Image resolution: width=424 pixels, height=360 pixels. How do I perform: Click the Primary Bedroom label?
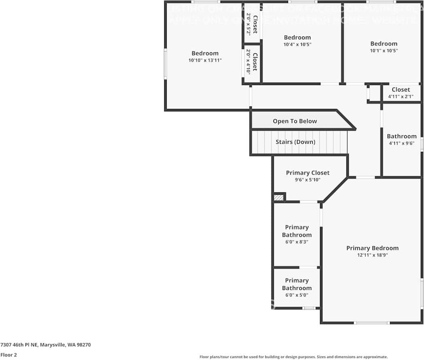click(x=372, y=248)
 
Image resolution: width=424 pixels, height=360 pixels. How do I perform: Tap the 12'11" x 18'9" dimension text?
click(x=372, y=255)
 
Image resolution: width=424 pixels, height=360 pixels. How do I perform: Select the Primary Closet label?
click(x=307, y=173)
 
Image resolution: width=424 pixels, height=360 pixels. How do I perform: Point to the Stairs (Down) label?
click(x=295, y=142)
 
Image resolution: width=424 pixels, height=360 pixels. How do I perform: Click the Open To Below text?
click(x=295, y=121)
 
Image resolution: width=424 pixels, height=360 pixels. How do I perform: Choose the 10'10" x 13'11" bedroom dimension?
click(x=205, y=60)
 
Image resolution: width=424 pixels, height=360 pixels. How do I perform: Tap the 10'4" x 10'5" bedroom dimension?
click(x=297, y=45)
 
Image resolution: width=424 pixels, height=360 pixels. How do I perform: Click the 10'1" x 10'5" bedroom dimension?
click(x=384, y=51)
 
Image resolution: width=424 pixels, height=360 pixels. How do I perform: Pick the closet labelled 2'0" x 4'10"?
click(x=248, y=62)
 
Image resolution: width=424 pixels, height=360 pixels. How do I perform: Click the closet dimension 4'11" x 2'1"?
click(x=401, y=96)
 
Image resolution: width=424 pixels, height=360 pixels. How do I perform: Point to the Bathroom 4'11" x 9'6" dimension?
click(x=401, y=143)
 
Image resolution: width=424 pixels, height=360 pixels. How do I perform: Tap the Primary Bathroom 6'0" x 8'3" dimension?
click(x=297, y=242)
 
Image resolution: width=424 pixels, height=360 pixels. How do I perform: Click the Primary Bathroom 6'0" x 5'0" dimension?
click(x=297, y=295)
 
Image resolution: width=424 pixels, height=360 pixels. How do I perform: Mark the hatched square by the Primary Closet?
click(x=279, y=198)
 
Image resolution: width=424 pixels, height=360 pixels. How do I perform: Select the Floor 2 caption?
click(x=8, y=355)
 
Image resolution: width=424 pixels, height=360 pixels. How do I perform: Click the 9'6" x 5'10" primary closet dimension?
click(x=307, y=180)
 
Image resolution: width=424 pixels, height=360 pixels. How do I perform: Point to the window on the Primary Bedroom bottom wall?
click(x=372, y=323)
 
